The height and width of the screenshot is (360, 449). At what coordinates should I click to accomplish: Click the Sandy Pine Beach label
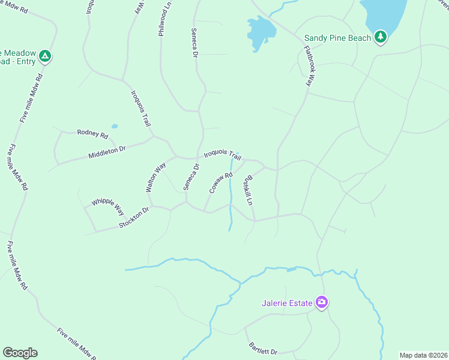[x=338, y=38]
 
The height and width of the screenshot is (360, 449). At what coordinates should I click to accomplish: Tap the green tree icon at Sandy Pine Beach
[x=380, y=37]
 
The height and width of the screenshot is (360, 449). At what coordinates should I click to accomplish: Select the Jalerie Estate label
[x=287, y=303]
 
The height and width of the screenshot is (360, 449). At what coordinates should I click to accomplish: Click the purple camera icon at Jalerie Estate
[x=322, y=302]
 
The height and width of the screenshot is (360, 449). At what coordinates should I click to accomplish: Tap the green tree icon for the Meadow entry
[x=44, y=57]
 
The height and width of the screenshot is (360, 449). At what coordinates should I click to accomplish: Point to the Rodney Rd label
[x=92, y=133]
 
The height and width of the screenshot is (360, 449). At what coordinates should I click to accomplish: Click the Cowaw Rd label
[x=220, y=183]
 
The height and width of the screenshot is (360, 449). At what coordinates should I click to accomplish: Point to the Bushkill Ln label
[x=247, y=191]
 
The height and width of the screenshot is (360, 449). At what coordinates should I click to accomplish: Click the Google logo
[x=20, y=353]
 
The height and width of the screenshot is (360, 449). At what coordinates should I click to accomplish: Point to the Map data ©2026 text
[x=423, y=355]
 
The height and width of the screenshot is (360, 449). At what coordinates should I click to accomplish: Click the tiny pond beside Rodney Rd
[x=115, y=127]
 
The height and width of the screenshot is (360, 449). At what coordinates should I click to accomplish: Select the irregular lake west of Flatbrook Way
[x=259, y=31]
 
